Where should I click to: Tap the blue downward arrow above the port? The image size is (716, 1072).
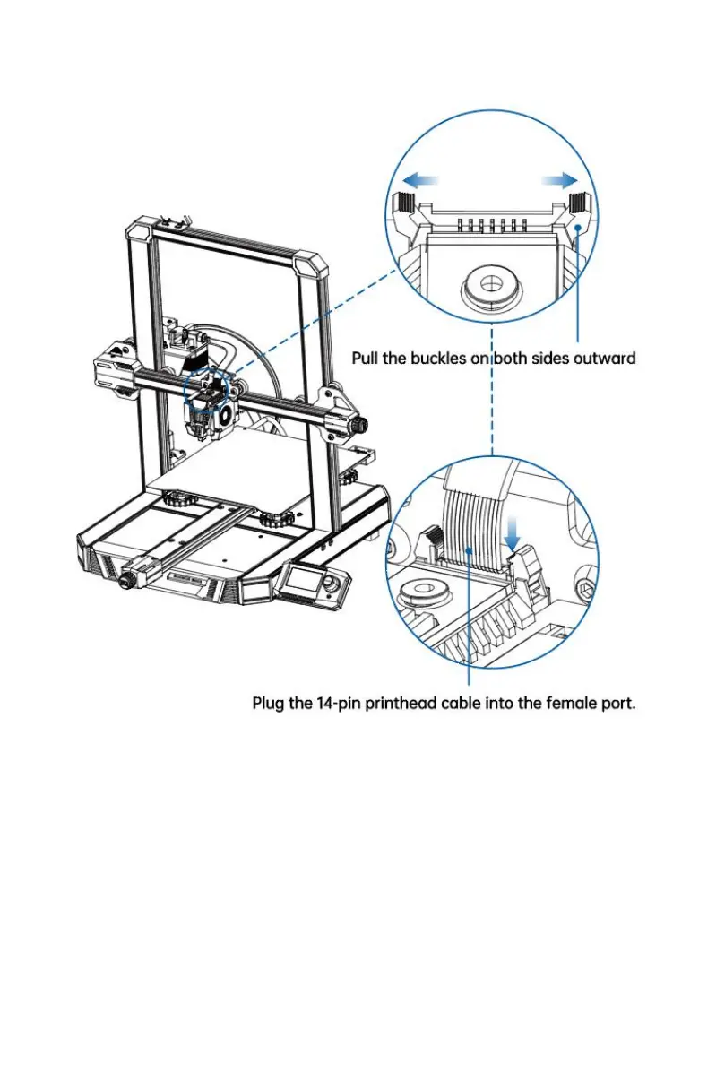coord(513,533)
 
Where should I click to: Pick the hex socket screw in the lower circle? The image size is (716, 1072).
coord(588,591)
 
